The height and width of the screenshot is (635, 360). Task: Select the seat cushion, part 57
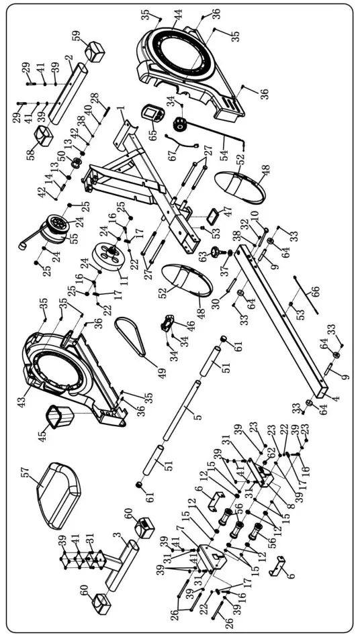click(58, 488)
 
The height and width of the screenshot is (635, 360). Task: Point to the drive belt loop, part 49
click(133, 338)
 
